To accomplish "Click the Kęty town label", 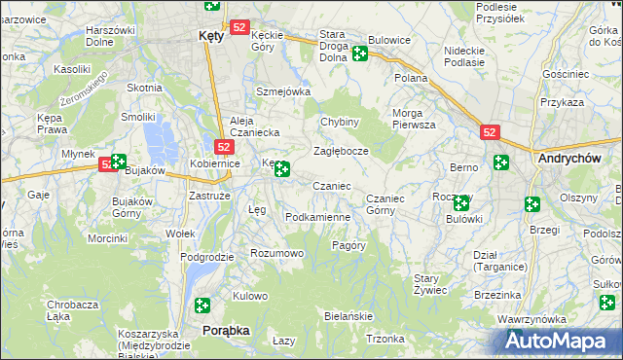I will pyautogui.click(x=211, y=34).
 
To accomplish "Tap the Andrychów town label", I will pyautogui.click(x=568, y=156).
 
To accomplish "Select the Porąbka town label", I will pyautogui.click(x=225, y=331).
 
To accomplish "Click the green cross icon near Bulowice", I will pyautogui.click(x=359, y=54).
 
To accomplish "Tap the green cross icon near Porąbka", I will pyautogui.click(x=202, y=305).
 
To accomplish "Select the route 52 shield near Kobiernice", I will pyautogui.click(x=224, y=147).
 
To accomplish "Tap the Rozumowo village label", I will pyautogui.click(x=277, y=253).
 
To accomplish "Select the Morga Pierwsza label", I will pyautogui.click(x=414, y=119).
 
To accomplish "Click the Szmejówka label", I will pyautogui.click(x=282, y=91).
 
